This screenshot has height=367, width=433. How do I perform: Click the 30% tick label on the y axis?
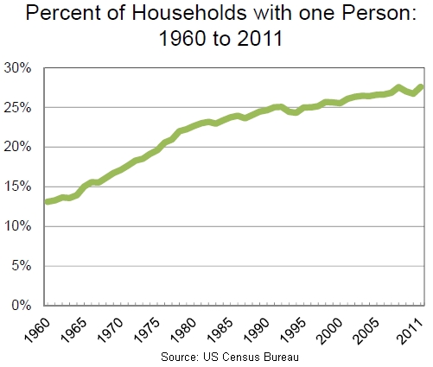tap(18, 67)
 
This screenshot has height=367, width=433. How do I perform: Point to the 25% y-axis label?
tap(18, 107)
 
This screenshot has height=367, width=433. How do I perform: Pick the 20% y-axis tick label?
tap(18, 147)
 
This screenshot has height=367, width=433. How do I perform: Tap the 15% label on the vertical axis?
tap(18, 187)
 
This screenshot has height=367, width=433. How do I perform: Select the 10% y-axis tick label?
tap(18, 226)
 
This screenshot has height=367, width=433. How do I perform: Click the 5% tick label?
tap(22, 266)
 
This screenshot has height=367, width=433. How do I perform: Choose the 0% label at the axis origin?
tap(22, 306)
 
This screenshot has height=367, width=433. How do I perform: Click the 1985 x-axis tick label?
tap(215, 327)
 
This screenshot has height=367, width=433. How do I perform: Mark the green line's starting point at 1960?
tap(47, 202)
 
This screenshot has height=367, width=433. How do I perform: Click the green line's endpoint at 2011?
tap(421, 86)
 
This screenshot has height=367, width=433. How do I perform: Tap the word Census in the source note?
tap(252, 357)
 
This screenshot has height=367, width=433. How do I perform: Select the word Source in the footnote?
tap(180, 357)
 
